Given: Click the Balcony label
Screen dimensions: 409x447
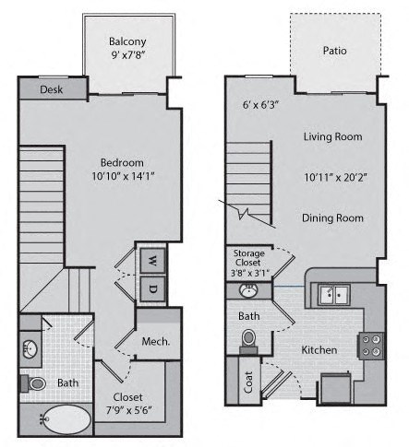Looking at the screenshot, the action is [x=127, y=41].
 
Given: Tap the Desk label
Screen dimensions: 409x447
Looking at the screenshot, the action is [x=52, y=89].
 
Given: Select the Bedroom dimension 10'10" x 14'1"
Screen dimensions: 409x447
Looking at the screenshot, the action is [x=123, y=176].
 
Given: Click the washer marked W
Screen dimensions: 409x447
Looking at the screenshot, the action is [x=152, y=261].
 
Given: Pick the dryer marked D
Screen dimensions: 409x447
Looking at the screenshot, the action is [x=152, y=288].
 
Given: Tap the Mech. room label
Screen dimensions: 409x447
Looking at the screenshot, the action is [x=156, y=341].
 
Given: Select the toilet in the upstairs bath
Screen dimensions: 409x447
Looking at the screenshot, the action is [x=33, y=383].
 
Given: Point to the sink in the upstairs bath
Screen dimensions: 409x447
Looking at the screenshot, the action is [x=30, y=349].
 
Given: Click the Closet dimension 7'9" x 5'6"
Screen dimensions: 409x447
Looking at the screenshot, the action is [x=128, y=410].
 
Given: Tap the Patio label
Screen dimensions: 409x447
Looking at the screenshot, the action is [x=335, y=51].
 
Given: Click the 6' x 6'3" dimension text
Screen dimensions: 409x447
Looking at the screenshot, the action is [x=260, y=105].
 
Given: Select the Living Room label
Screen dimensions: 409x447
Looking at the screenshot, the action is [x=332, y=136].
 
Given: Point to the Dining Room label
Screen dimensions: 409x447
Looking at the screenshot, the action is [x=332, y=218].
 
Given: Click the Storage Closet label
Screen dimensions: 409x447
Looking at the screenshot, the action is [x=248, y=258].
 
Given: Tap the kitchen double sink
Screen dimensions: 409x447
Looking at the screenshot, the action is [x=334, y=295].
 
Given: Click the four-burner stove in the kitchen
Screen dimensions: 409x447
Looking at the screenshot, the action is [x=371, y=346].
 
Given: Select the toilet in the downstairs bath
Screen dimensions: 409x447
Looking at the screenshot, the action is [x=248, y=341].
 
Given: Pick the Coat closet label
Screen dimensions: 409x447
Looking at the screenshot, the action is [x=248, y=382].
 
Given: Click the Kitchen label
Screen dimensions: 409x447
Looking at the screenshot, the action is [x=319, y=350].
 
